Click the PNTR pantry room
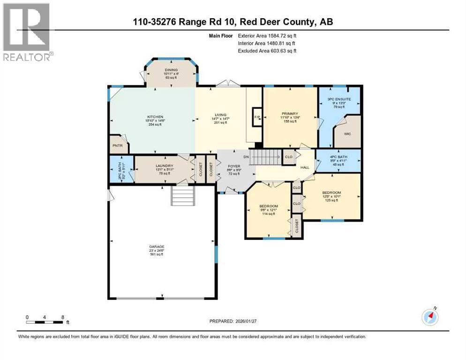pos(117,145)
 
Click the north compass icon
pos(430,317)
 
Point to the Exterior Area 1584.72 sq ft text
pos(267,35)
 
